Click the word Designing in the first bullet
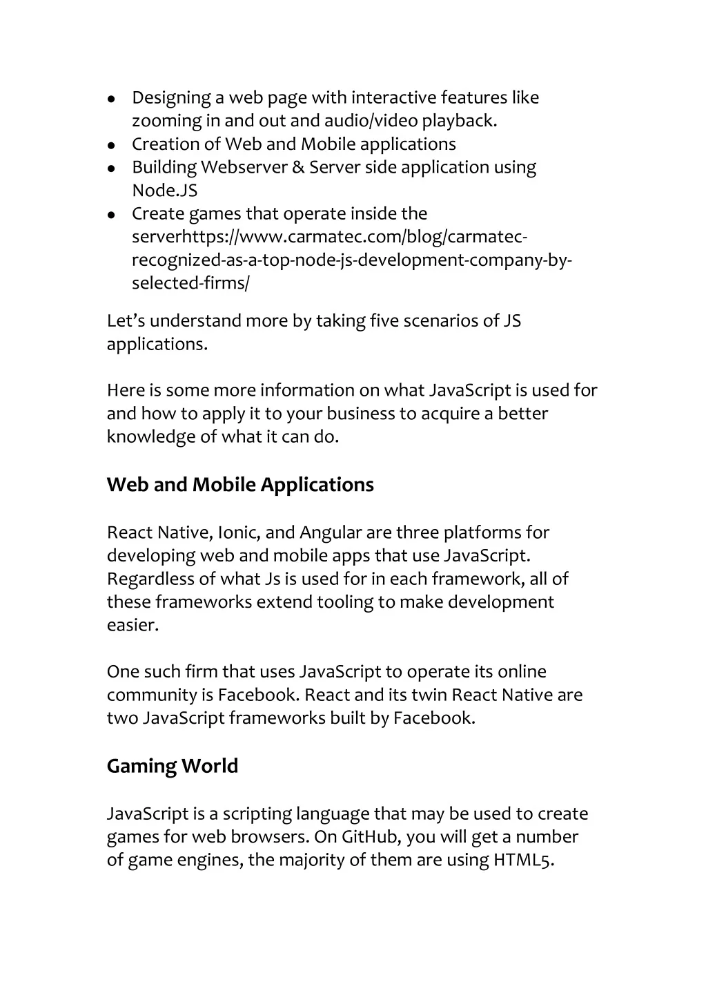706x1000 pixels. click(x=171, y=98)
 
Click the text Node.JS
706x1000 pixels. click(x=164, y=191)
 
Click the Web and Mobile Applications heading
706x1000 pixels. click(x=240, y=485)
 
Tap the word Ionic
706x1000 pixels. click(x=238, y=532)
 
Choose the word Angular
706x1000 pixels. click(x=330, y=532)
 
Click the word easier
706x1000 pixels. click(x=133, y=625)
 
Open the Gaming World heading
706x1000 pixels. click(x=172, y=766)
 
